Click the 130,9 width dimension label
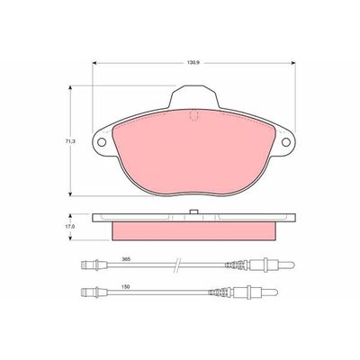click(193, 63)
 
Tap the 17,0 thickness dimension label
click(70, 227)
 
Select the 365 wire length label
click(126, 259)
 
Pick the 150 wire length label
click(126, 287)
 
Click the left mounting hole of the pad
click(102, 142)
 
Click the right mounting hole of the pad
click(286, 142)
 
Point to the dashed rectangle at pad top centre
click(194, 116)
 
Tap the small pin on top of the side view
click(193, 211)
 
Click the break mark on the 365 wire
click(177, 265)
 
